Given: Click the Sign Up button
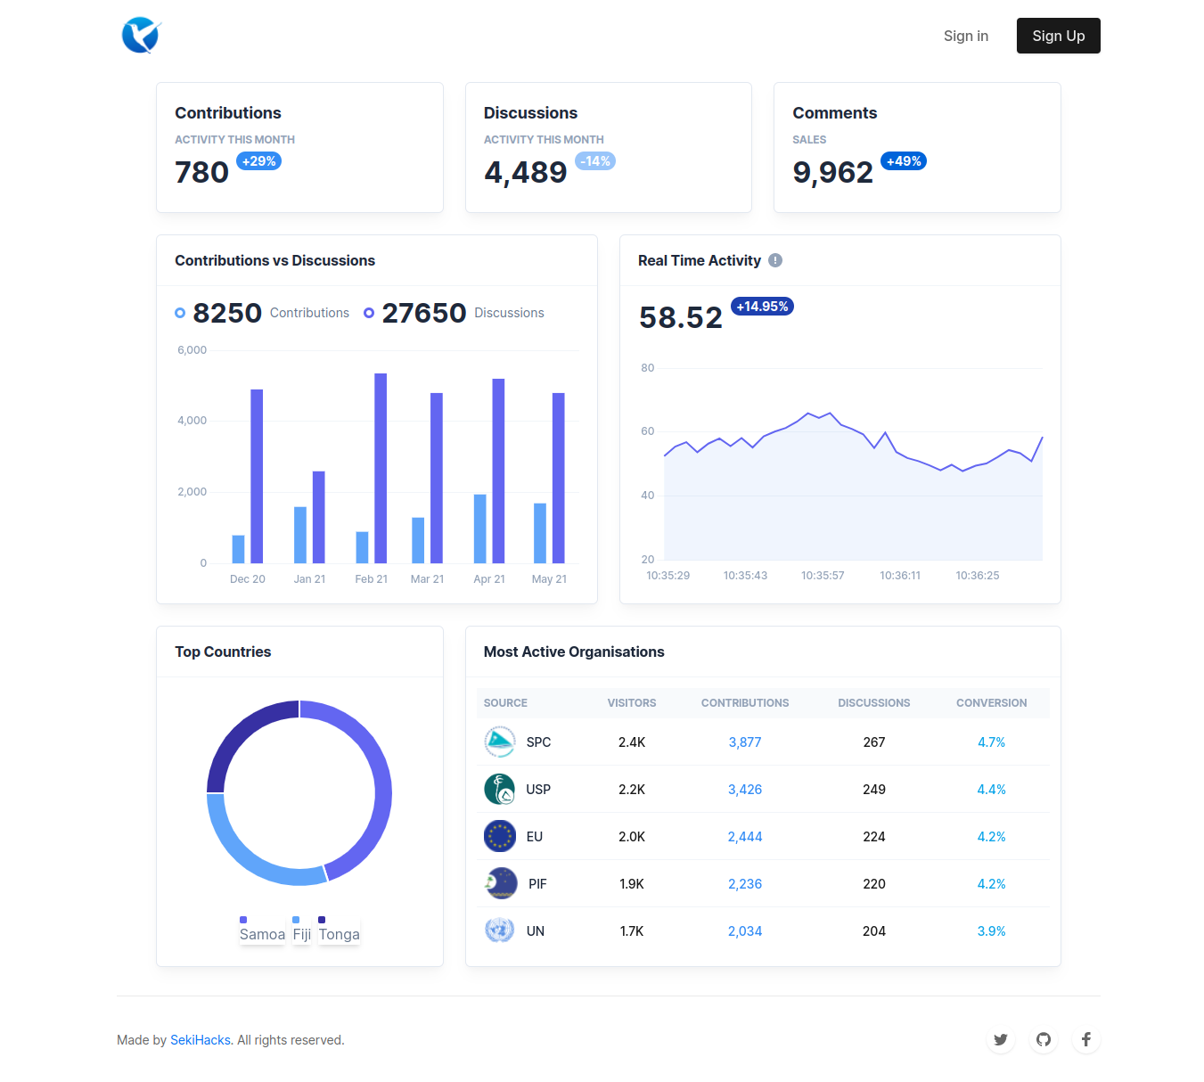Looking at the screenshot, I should [x=1058, y=36].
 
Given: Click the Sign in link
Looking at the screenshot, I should [x=965, y=36].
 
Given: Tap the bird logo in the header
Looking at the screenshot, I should [x=140, y=36].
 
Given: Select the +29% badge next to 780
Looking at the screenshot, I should [x=258, y=161].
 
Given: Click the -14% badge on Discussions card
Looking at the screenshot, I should [x=595, y=161].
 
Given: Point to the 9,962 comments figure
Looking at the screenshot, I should [x=832, y=172].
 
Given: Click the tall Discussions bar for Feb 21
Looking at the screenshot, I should [x=381, y=468].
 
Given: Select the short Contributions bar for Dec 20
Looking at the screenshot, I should [x=238, y=549].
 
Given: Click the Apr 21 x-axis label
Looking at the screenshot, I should [x=489, y=579].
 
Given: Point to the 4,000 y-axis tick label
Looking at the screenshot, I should [x=192, y=421].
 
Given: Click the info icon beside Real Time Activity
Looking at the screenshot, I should [x=775, y=260].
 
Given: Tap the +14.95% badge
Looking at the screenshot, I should [x=762, y=307].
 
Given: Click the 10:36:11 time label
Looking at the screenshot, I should [x=900, y=576].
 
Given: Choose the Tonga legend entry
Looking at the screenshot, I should [x=339, y=934].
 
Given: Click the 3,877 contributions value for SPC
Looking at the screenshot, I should [x=744, y=742].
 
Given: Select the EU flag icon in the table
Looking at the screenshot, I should [x=500, y=836].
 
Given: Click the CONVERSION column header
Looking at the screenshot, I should [x=991, y=703].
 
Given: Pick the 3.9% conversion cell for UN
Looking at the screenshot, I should [x=991, y=931].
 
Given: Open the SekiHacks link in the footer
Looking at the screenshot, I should [x=201, y=1040].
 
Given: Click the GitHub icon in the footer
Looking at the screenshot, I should [x=1044, y=1039].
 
